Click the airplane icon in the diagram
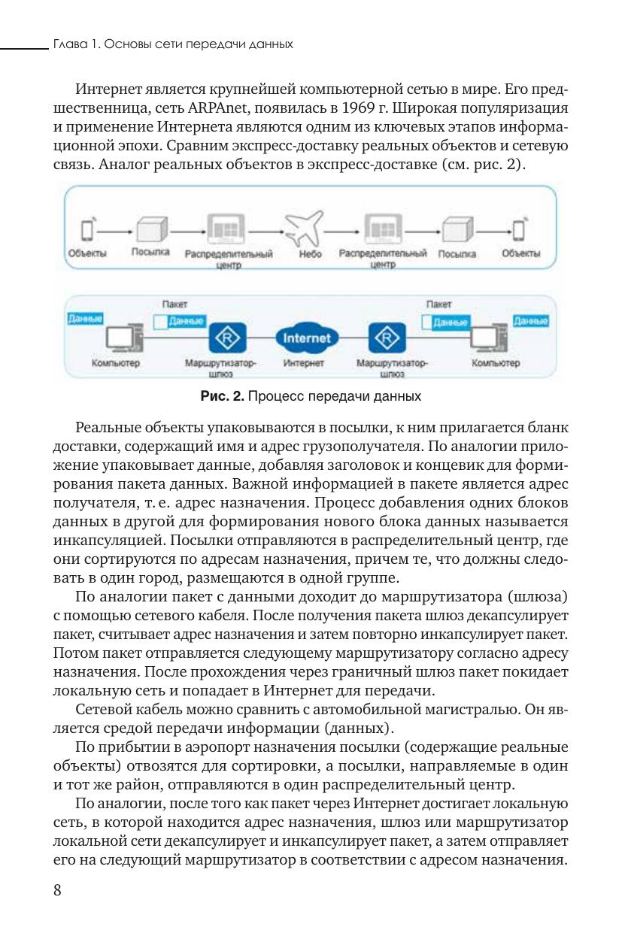coord(305,227)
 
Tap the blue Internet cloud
coord(306,338)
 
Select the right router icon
coord(387,338)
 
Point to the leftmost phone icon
coord(88,229)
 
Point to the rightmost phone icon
coord(520,229)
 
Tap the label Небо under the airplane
coord(308,254)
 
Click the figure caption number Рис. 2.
coord(220,395)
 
